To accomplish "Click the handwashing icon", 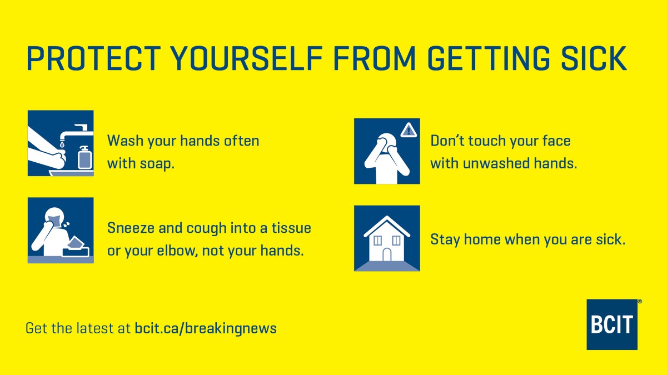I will click(x=61, y=143).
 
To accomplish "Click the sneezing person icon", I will click(x=61, y=230).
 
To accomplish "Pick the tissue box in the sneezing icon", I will click(x=76, y=247).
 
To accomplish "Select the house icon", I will click(x=387, y=238).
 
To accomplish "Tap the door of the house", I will click(x=387, y=254).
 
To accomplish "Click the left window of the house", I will click(x=377, y=241).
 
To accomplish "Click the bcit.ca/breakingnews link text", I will click(x=206, y=328).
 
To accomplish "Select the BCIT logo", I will click(x=612, y=324).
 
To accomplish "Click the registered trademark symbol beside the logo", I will click(x=640, y=302).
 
